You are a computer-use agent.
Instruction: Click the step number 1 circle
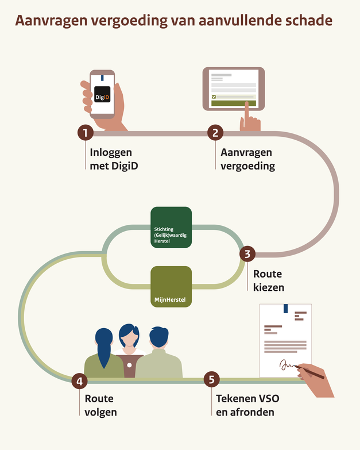(85, 133)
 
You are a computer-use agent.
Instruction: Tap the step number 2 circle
(215, 133)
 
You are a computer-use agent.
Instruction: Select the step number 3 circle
(247, 253)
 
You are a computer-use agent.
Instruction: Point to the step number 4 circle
(79, 380)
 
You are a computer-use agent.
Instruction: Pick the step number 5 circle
(211, 380)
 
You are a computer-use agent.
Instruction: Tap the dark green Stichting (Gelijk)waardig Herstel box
(171, 228)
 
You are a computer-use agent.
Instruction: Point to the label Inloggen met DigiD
(111, 159)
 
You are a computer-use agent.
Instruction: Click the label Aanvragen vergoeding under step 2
(246, 159)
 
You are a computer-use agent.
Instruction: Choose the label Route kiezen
(268, 279)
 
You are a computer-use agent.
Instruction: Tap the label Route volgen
(99, 405)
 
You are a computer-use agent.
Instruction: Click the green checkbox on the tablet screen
(214, 97)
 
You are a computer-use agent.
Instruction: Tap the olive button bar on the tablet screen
(234, 103)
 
